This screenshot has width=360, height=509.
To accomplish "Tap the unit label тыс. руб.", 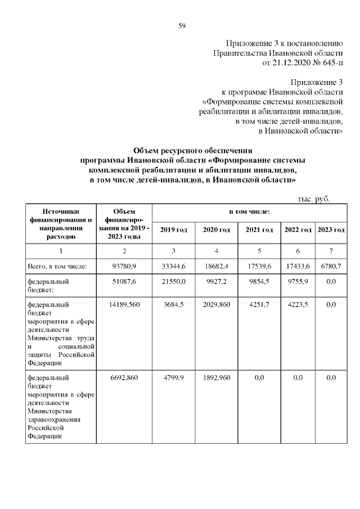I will [x=313, y=199].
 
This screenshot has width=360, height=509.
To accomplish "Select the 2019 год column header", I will [x=173, y=230].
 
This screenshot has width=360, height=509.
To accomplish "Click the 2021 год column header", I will [x=259, y=230].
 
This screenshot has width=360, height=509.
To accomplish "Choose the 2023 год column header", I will [x=331, y=230].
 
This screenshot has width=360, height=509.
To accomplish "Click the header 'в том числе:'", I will [x=249, y=211].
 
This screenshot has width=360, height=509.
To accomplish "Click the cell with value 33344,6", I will [x=173, y=265].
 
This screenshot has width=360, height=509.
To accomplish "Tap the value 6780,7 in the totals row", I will [x=331, y=265].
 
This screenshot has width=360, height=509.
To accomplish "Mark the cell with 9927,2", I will [x=217, y=281].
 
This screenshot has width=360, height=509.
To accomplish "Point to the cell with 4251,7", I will [x=259, y=304].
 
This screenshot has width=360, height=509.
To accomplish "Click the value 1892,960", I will [x=217, y=378].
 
